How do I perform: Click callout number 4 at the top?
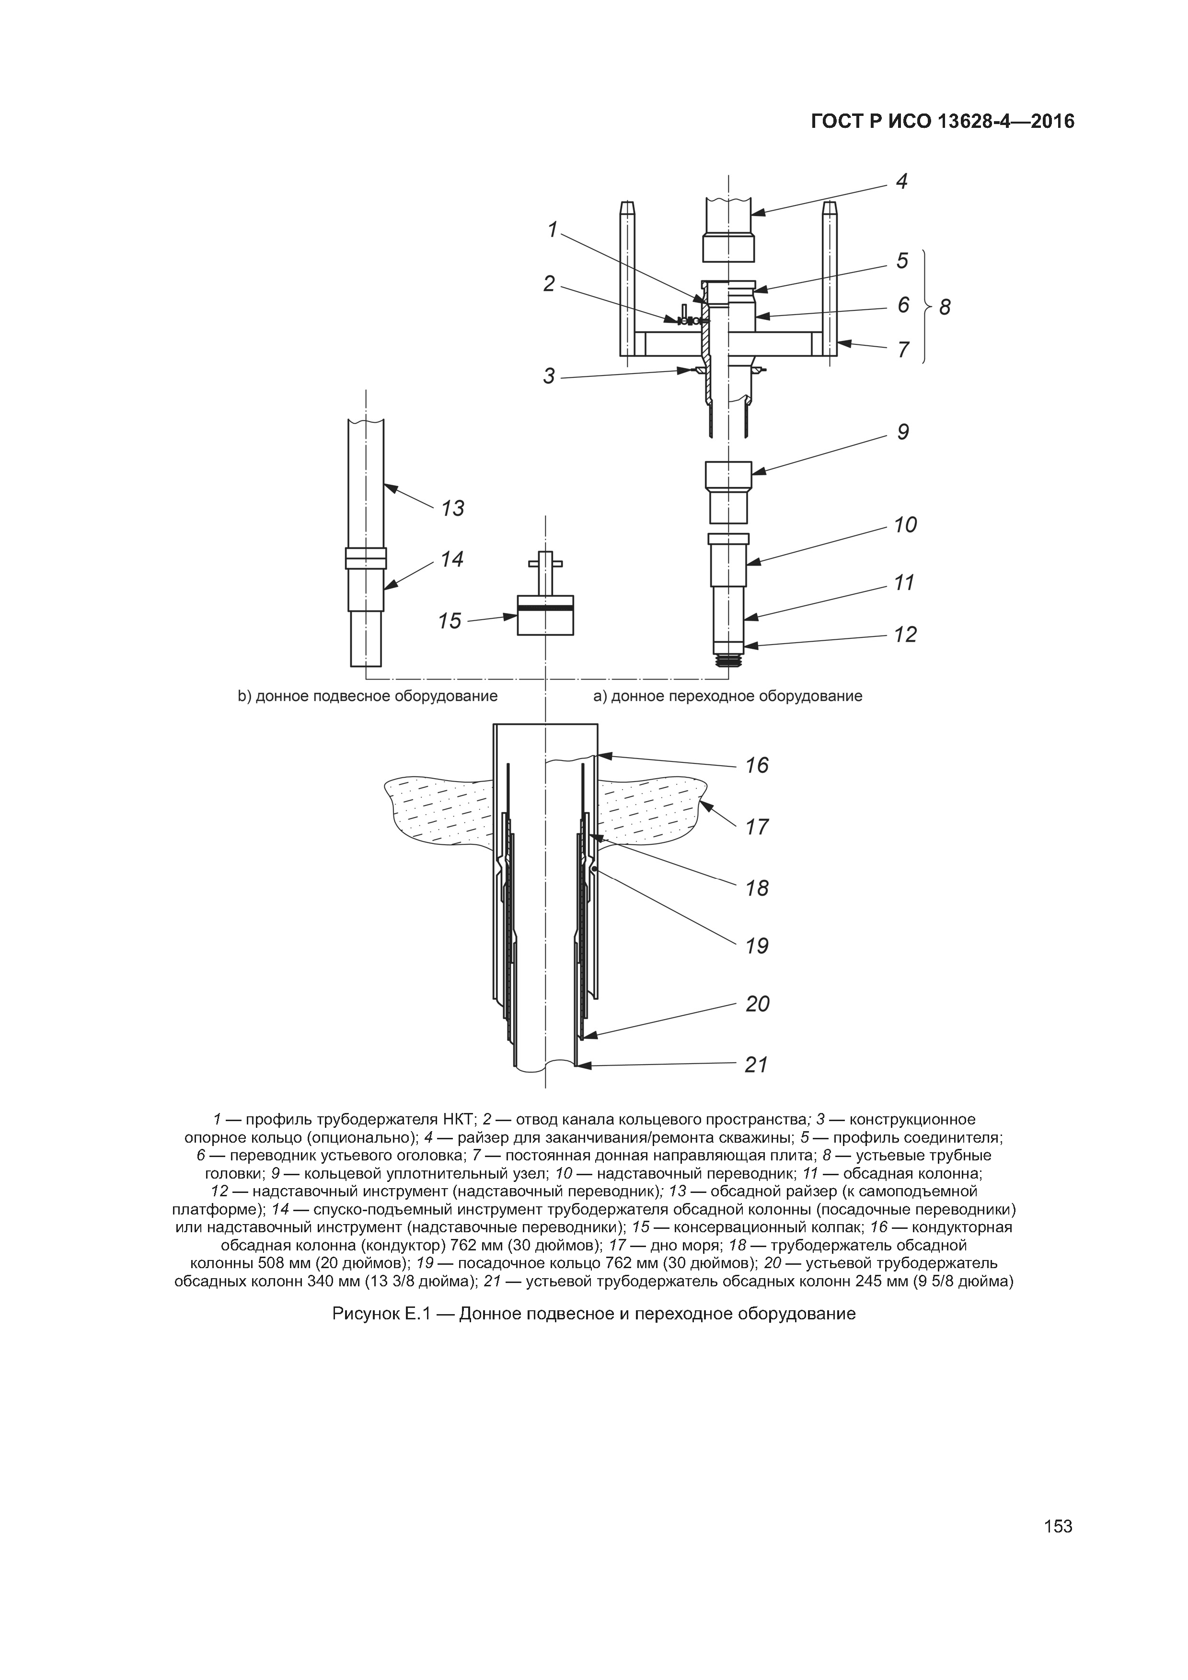902,182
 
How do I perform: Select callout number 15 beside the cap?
450,621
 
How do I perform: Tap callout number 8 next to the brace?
945,307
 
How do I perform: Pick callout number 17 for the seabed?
757,827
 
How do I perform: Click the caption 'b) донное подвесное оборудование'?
368,696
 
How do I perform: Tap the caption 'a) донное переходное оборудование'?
727,696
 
